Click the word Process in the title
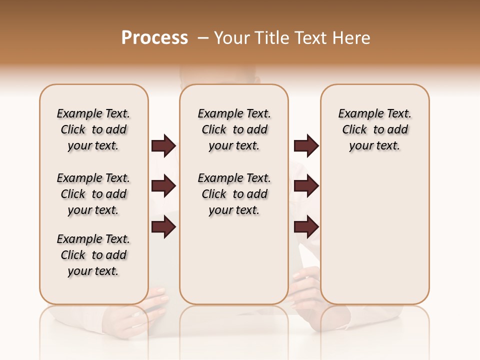click(154, 38)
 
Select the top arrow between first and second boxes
click(163, 146)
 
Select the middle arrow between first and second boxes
click(163, 186)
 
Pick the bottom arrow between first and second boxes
click(163, 227)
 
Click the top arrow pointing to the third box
click(306, 146)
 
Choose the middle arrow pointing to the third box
click(306, 186)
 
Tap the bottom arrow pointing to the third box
click(306, 227)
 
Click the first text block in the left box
click(93, 129)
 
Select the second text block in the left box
click(93, 194)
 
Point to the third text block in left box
click(93, 255)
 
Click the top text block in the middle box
click(234, 129)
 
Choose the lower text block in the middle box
click(234, 194)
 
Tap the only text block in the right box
click(374, 129)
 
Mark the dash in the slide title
click(202, 38)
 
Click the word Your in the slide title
click(231, 38)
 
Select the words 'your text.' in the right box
click(374, 146)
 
